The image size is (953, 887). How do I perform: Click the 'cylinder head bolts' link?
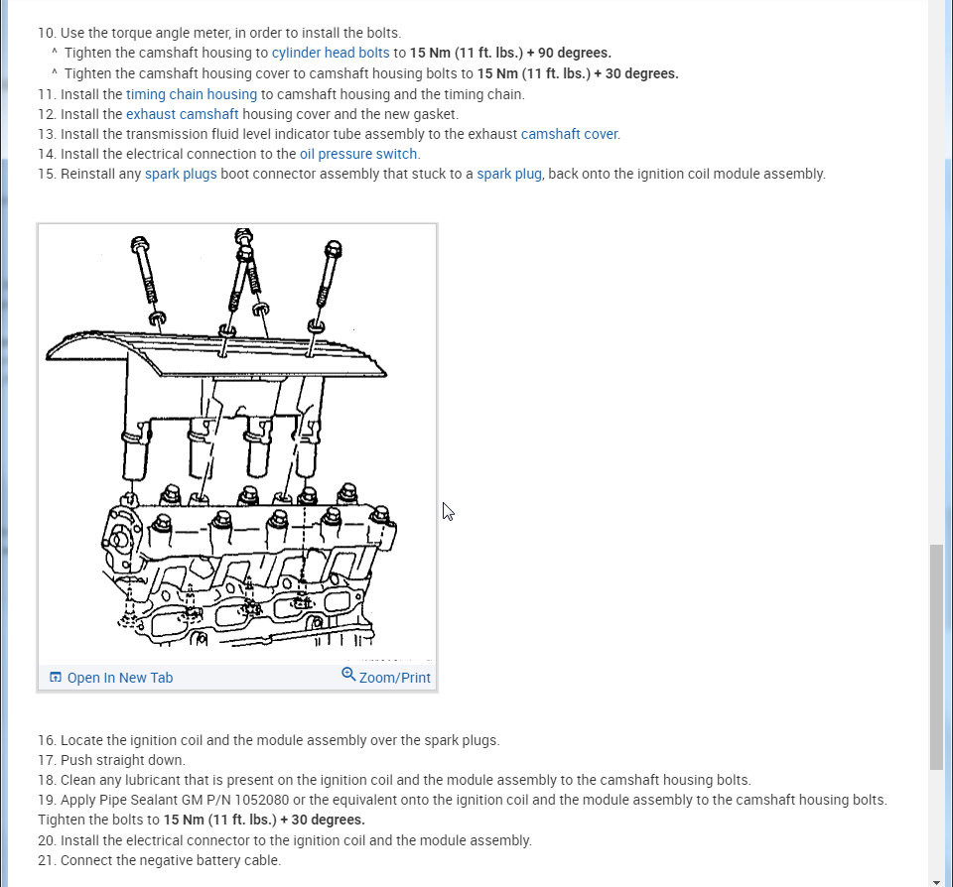(331, 53)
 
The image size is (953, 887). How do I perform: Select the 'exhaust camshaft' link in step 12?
(182, 114)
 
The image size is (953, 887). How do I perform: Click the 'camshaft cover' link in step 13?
(570, 134)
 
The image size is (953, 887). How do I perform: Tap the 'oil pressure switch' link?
(359, 154)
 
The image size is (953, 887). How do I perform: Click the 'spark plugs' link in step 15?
(181, 174)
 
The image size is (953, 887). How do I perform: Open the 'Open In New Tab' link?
(119, 678)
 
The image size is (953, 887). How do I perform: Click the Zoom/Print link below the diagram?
(394, 678)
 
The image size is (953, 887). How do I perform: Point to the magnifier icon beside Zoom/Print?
(348, 675)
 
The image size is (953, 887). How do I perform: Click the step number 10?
(47, 33)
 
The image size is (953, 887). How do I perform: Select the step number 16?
(47, 740)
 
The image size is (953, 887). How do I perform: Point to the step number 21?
(47, 860)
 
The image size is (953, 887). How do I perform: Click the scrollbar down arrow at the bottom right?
(936, 880)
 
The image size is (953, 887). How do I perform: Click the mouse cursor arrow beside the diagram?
(447, 510)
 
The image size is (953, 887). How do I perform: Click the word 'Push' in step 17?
(77, 760)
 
